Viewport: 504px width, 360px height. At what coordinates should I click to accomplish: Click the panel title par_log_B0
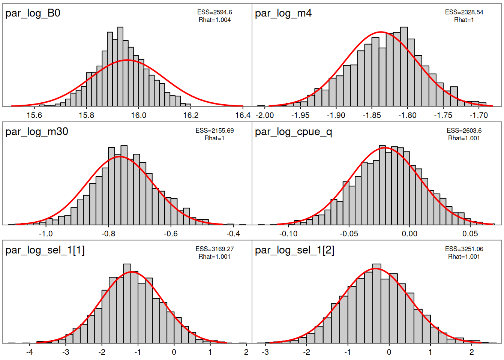(x=33, y=13)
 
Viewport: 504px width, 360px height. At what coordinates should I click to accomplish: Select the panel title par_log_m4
(x=283, y=13)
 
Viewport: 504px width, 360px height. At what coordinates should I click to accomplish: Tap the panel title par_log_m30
(x=37, y=132)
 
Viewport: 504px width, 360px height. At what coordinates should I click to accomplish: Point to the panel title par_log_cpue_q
(x=294, y=132)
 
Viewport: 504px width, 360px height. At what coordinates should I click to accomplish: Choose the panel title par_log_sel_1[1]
(x=45, y=250)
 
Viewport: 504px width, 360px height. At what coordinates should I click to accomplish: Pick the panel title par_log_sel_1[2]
(x=295, y=250)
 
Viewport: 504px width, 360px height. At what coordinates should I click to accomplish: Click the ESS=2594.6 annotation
(x=214, y=12)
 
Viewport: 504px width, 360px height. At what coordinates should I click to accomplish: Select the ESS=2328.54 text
(x=464, y=12)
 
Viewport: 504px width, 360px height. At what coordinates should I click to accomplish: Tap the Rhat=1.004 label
(x=214, y=20)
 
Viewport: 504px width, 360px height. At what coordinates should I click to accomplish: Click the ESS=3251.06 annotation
(x=464, y=249)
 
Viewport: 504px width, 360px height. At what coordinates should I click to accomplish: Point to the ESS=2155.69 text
(x=214, y=131)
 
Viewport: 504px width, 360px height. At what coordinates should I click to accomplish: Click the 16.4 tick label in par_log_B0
(x=243, y=115)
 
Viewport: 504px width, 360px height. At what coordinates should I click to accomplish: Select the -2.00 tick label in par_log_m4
(x=265, y=115)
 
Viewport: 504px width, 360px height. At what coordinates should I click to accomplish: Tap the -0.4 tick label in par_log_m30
(x=233, y=234)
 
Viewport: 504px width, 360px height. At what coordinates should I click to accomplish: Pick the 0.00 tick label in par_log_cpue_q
(x=409, y=234)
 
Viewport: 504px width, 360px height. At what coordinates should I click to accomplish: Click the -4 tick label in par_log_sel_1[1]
(x=29, y=352)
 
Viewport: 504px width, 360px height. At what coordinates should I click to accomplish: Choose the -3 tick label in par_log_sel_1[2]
(x=265, y=352)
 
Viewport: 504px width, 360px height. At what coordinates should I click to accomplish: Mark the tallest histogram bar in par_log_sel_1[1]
(x=127, y=304)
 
